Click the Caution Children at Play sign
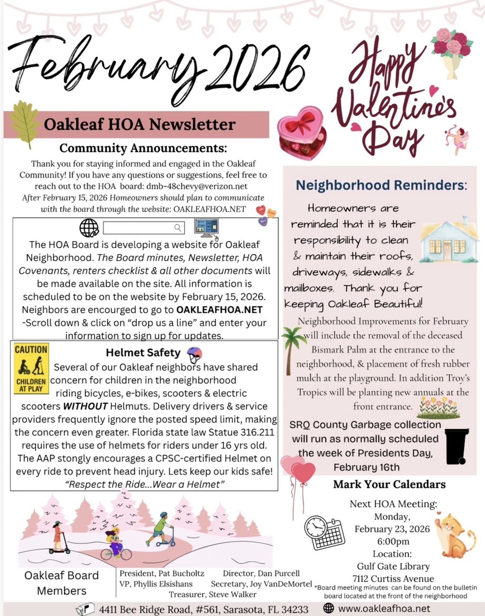tap(31, 368)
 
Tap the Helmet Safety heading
tap(143, 353)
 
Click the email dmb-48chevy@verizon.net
tap(197, 186)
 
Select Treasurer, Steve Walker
tap(212, 595)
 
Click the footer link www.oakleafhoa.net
tap(384, 609)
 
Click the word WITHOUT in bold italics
tap(85, 406)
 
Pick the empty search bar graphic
tap(143, 227)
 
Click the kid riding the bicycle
tap(116, 544)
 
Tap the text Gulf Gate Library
tap(393, 566)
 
